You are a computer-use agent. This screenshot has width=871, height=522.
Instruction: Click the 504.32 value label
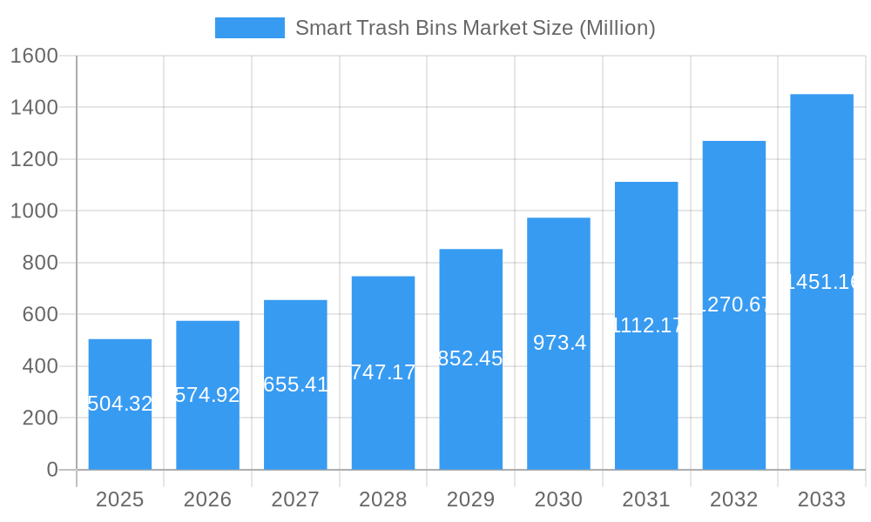tap(120, 404)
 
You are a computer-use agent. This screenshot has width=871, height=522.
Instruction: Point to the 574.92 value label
tap(207, 395)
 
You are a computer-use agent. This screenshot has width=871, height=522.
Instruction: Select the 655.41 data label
tap(295, 385)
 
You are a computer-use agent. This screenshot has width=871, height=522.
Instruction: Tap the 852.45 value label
tap(470, 358)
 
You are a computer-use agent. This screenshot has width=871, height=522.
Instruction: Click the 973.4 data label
tap(559, 343)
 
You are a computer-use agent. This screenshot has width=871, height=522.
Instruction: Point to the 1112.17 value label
tap(646, 325)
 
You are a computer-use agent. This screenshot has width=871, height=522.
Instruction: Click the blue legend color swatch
tap(249, 28)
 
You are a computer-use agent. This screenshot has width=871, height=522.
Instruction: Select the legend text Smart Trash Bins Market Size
tap(475, 28)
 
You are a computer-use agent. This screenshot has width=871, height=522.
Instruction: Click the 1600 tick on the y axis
tap(33, 56)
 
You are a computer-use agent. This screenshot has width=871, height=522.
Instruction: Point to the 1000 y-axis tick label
tap(33, 211)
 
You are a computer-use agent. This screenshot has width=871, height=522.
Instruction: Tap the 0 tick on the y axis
tap(51, 470)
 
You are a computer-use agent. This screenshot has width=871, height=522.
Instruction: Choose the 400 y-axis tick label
tap(38, 366)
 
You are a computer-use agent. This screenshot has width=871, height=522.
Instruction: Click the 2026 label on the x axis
tap(207, 499)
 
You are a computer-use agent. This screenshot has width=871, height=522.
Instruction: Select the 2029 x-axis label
tap(470, 499)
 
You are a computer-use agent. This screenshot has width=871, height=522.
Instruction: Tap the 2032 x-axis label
tap(733, 499)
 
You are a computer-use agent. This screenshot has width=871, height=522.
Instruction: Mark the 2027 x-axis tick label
tap(295, 499)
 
